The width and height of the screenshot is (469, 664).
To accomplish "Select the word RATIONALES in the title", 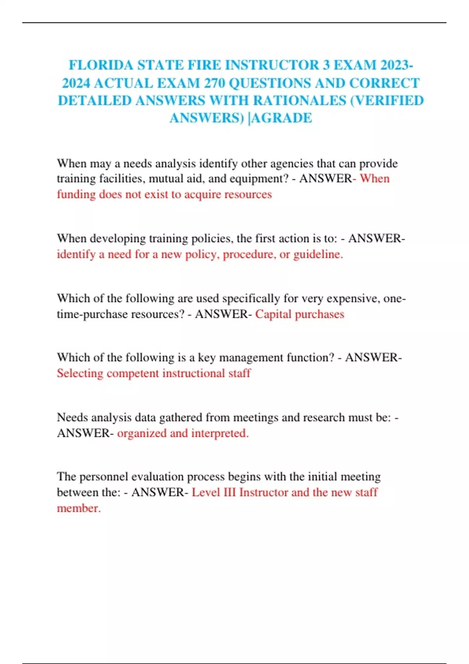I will coord(299,101).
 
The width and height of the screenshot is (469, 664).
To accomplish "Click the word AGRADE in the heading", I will coord(282,118).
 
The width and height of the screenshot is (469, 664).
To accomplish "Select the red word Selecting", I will coord(80,373).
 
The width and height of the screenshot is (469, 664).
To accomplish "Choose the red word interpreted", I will coord(220,433).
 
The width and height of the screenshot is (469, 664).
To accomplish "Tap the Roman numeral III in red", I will coord(229,492).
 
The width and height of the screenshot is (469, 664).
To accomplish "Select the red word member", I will coord(79,508).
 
